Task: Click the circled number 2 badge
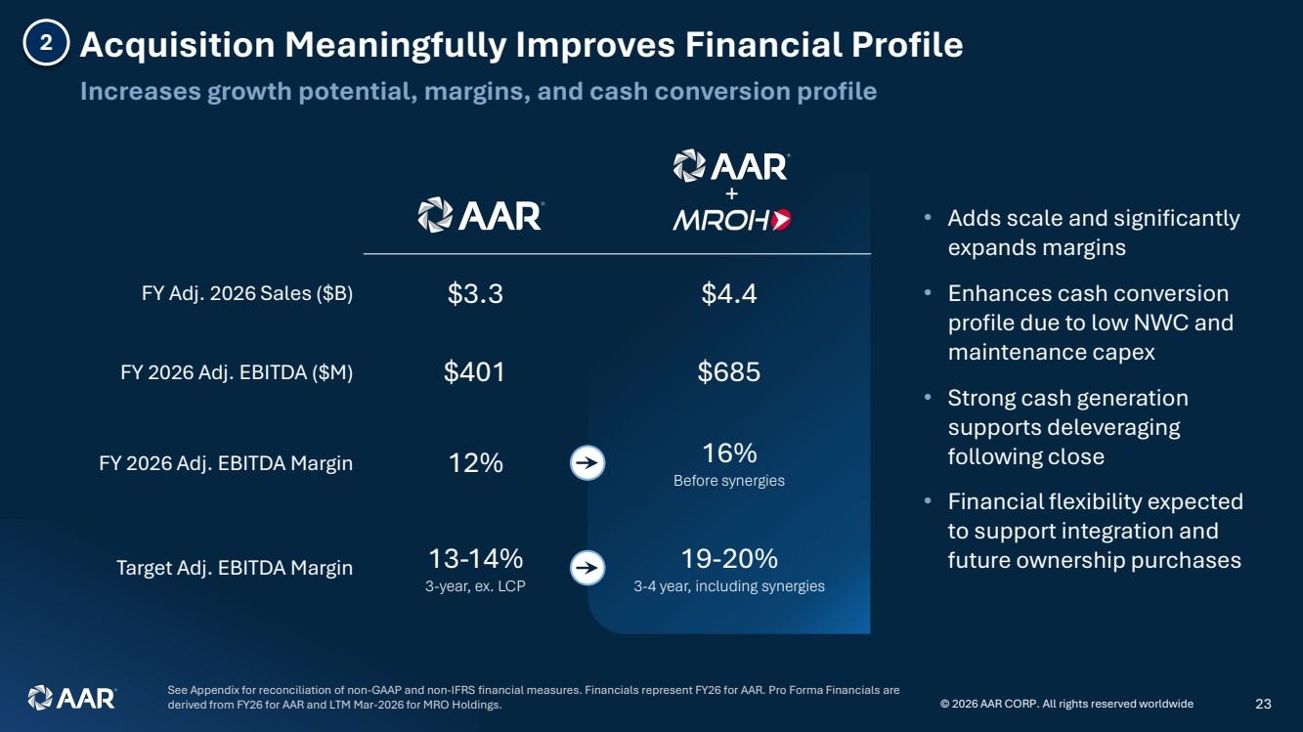pos(46,42)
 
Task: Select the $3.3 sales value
pos(475,293)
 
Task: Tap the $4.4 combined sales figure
pos(729,293)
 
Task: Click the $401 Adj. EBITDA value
pos(474,372)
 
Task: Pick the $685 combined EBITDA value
pos(729,372)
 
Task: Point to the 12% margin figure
pos(475,463)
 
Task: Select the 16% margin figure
pos(729,452)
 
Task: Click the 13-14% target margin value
pos(476,559)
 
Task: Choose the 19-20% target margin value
pos(729,559)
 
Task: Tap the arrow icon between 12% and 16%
pos(587,463)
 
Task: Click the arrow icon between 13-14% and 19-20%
pos(587,568)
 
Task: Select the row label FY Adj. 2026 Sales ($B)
pos(247,293)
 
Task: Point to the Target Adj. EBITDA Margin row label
pos(235,568)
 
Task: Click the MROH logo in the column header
pos(732,220)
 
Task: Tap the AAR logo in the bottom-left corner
pos(72,698)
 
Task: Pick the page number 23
pos(1264,704)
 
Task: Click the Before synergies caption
pos(729,481)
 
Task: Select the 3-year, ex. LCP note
pos(475,586)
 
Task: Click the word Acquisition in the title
pos(178,45)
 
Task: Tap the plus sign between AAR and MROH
pos(732,194)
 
